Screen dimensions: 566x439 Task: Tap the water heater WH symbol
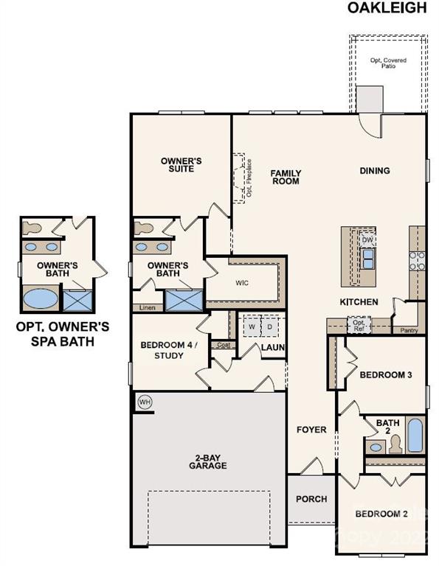(145, 402)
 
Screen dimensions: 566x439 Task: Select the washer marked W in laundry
(251, 326)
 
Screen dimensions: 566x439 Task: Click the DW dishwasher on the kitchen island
(367, 240)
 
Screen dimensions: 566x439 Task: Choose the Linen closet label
(147, 307)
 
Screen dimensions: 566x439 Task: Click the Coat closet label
(221, 344)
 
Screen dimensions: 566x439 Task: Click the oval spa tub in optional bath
(38, 300)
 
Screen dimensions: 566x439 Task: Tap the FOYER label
(311, 430)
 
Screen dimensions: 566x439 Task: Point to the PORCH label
(311, 499)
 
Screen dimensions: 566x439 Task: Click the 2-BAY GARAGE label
(207, 462)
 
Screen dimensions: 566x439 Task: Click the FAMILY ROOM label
(285, 177)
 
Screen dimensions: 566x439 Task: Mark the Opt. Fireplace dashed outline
(241, 178)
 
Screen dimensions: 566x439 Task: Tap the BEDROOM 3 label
(385, 375)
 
